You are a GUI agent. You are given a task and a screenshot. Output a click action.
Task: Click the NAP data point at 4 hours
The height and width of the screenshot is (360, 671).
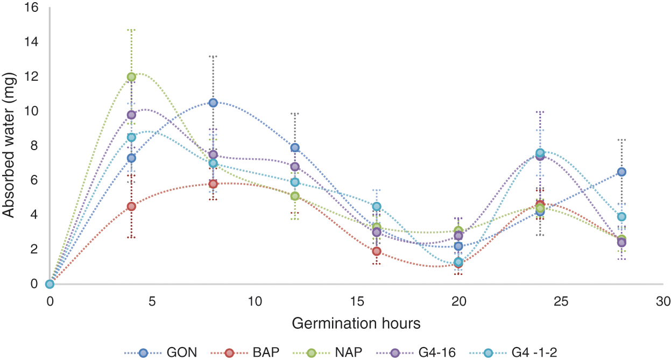[x=131, y=77]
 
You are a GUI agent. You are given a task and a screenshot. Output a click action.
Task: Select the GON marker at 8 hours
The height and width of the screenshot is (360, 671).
[x=213, y=103]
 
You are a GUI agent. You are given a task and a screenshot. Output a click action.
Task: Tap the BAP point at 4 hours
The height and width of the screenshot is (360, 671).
[x=131, y=206]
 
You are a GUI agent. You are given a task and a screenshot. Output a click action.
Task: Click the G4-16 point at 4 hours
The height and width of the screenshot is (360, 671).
[x=131, y=115]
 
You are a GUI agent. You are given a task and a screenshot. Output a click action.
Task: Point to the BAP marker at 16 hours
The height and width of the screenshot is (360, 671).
[x=377, y=251]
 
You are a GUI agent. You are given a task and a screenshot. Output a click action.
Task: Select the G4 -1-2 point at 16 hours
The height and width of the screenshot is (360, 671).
[x=377, y=206]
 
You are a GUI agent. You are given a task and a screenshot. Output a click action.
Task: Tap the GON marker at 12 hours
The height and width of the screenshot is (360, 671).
[x=295, y=147]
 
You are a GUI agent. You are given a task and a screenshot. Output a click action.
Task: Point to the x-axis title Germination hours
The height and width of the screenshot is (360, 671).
[x=356, y=324]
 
